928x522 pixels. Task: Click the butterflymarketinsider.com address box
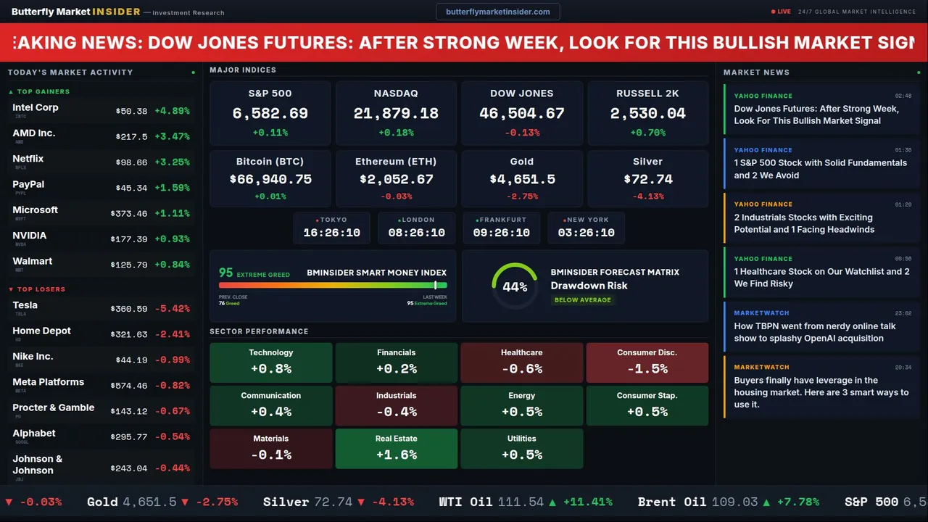(497, 12)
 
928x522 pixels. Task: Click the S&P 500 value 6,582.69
(270, 114)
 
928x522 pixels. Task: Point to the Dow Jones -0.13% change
(522, 133)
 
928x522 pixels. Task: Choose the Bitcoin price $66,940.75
(270, 179)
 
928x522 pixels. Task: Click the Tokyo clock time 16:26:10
(331, 233)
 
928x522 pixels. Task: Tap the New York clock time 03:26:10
(586, 233)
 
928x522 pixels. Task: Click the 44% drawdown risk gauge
(515, 286)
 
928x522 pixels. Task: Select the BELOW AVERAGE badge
(582, 300)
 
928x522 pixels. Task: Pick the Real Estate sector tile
(396, 449)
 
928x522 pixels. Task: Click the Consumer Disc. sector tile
(647, 362)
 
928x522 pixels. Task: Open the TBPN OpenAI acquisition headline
(815, 332)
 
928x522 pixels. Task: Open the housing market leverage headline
(821, 392)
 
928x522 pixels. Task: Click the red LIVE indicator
(782, 12)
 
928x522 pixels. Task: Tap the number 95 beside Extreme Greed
(226, 273)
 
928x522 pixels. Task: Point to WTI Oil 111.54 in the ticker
(492, 502)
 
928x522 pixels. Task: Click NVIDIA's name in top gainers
(30, 236)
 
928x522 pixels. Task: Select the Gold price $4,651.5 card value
(522, 179)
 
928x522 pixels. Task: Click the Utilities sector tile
(521, 449)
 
